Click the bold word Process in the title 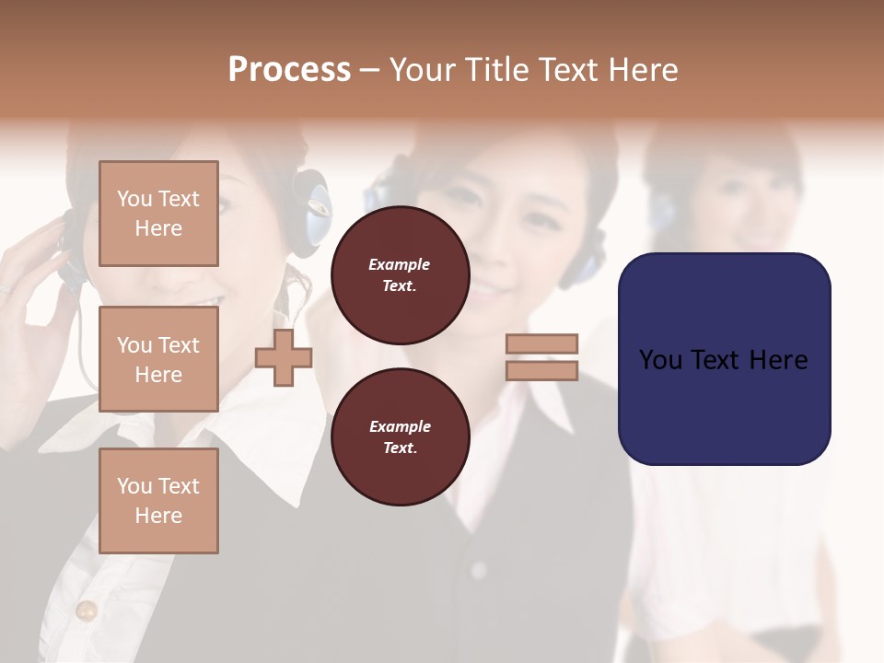(289, 70)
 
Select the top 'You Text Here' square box (158, 214)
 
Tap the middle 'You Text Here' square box (158, 359)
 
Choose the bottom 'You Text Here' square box (158, 501)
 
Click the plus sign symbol (284, 356)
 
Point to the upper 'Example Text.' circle (400, 275)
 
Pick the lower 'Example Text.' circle (400, 437)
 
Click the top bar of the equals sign (541, 343)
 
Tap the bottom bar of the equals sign (541, 370)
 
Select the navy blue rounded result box (724, 359)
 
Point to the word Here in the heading (645, 70)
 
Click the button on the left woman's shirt (87, 610)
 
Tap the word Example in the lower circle (400, 426)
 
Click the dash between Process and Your (369, 71)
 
